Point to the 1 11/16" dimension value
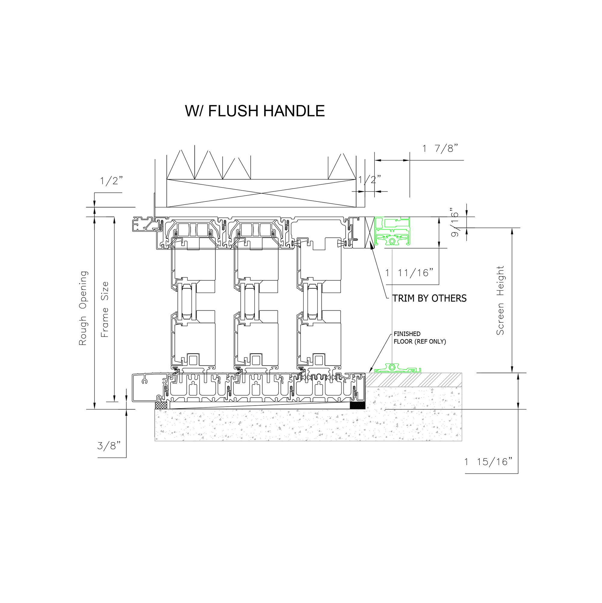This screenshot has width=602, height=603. pyautogui.click(x=410, y=273)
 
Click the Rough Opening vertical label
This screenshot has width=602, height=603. pyautogui.click(x=83, y=308)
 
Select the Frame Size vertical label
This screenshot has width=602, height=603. pyautogui.click(x=105, y=309)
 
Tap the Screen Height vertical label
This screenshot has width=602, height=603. pyautogui.click(x=500, y=300)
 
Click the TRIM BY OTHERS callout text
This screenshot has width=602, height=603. pyautogui.click(x=429, y=298)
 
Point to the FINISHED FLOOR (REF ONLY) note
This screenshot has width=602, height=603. pyautogui.click(x=420, y=338)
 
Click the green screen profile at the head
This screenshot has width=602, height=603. pyautogui.click(x=392, y=231)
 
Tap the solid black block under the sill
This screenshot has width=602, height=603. pyautogui.click(x=357, y=405)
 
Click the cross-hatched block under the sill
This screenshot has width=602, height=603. pyautogui.click(x=161, y=405)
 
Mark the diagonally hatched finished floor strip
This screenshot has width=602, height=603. pyautogui.click(x=414, y=380)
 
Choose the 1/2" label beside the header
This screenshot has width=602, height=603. pyautogui.click(x=370, y=180)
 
